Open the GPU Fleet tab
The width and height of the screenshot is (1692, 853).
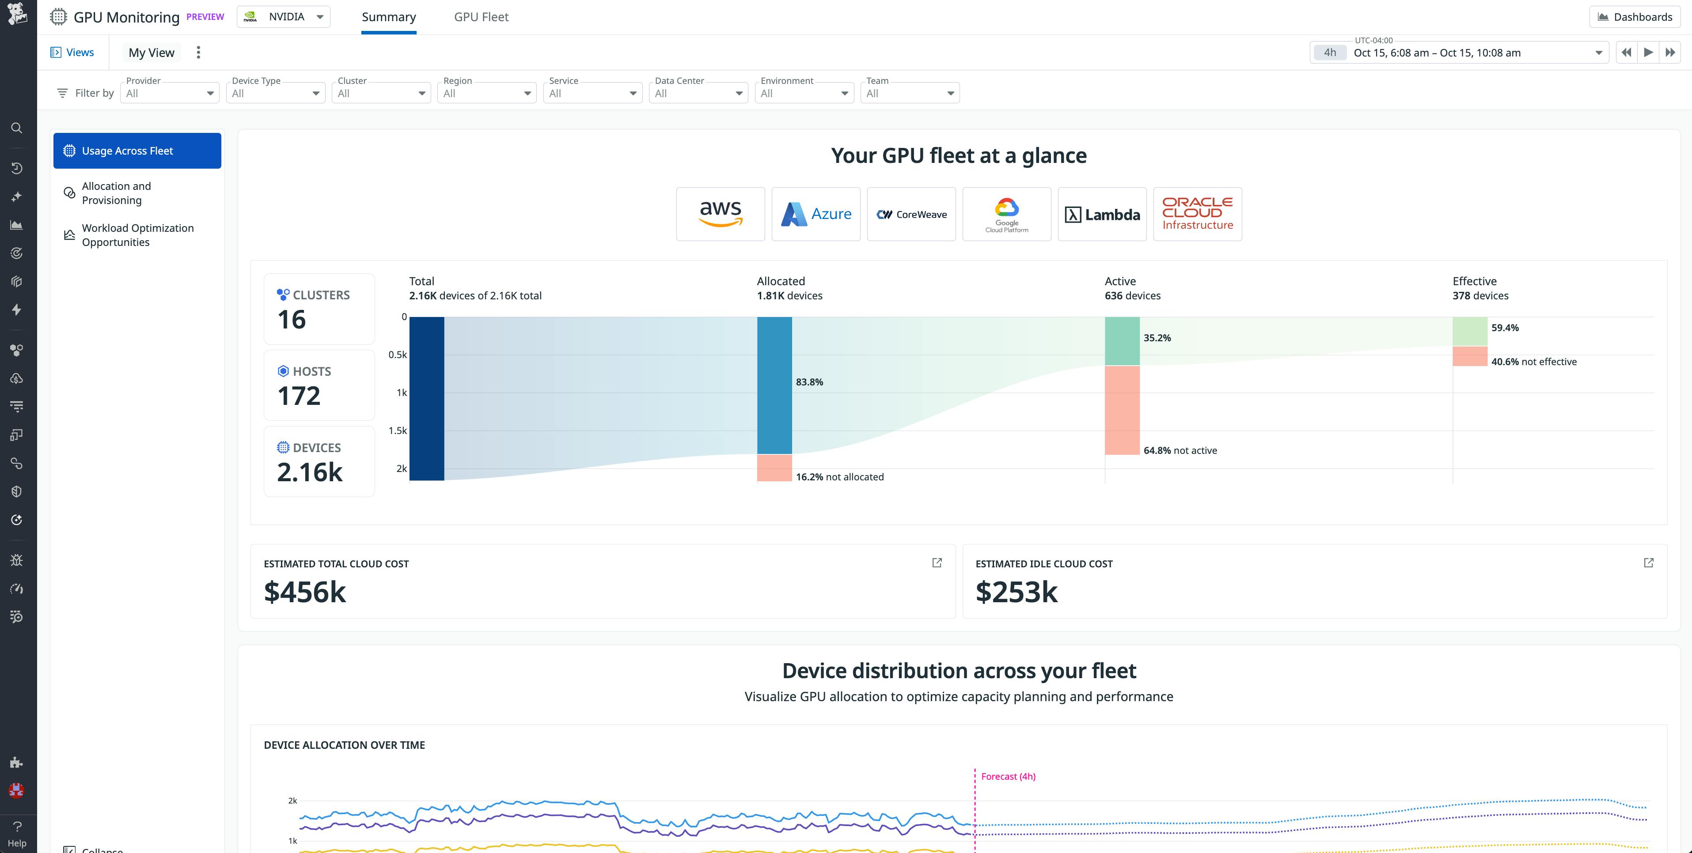[x=481, y=17]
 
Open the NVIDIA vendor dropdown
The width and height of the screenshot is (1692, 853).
[x=284, y=17]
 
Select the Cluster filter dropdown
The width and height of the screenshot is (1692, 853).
[x=381, y=93]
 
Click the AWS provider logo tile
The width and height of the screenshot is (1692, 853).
[x=721, y=214]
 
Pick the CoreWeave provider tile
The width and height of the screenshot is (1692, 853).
[x=911, y=214]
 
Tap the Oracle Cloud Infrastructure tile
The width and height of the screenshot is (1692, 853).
[x=1197, y=214]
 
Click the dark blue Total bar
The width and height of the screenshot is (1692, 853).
[x=426, y=399]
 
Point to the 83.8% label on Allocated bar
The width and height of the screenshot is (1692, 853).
[x=809, y=382]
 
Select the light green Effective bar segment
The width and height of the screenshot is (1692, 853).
[x=1469, y=331]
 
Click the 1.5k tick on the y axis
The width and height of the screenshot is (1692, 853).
[x=398, y=431]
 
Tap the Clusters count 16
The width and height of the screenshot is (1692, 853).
[x=292, y=320]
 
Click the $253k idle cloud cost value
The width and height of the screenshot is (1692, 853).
[x=1016, y=593]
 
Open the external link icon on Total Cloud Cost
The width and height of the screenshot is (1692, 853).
[x=937, y=563]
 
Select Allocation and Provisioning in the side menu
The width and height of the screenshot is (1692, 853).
[x=116, y=193]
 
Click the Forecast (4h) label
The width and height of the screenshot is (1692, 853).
[x=1008, y=776]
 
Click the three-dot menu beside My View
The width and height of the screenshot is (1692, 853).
[x=198, y=53]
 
